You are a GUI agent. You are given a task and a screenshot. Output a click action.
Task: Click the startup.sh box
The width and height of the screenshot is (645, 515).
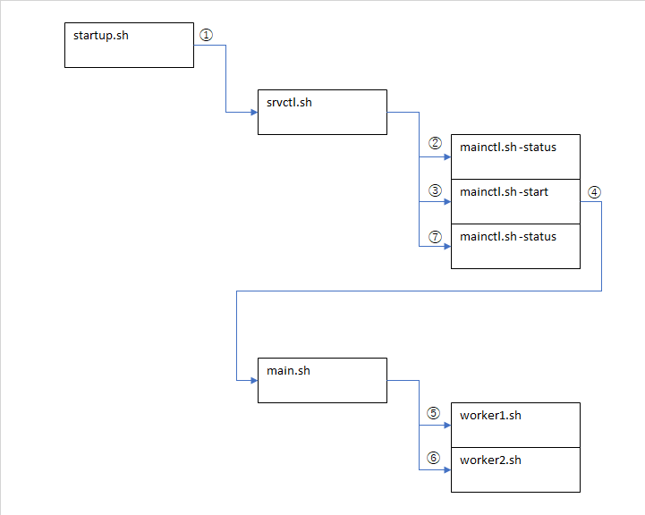click(129, 45)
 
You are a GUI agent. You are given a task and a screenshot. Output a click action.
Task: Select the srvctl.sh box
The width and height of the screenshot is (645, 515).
click(322, 112)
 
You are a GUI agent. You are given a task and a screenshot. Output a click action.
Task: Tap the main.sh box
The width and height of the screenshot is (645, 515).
click(322, 380)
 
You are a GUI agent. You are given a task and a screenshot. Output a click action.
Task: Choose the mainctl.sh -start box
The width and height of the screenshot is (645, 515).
click(515, 201)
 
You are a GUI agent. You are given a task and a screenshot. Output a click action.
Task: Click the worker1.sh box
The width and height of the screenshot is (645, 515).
click(515, 425)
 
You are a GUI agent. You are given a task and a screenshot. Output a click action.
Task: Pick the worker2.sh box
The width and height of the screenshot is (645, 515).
click(515, 469)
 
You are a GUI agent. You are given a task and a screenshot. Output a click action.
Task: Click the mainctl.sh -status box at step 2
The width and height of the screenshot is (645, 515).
click(515, 156)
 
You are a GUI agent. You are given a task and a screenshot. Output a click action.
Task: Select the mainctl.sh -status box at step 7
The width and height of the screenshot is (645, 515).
click(515, 246)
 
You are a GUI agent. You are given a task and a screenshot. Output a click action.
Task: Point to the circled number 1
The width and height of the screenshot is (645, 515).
click(207, 35)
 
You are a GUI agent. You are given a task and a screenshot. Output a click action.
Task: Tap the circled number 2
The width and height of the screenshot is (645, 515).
click(436, 143)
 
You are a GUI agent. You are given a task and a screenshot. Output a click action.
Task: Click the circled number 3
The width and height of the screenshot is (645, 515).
click(436, 190)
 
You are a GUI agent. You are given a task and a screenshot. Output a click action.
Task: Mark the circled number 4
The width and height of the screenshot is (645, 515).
click(595, 191)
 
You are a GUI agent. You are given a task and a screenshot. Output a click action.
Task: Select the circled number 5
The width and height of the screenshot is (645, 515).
click(434, 413)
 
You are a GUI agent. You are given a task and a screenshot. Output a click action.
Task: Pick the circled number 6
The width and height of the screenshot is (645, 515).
click(434, 458)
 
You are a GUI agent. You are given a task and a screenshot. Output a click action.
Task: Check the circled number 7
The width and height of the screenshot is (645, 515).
click(436, 237)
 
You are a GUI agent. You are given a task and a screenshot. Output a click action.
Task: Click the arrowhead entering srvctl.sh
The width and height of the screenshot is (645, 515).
click(253, 112)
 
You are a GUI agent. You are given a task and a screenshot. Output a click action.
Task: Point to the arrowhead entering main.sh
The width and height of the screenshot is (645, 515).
click(253, 380)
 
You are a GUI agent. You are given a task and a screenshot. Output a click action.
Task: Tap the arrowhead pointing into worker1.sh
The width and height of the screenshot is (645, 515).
click(446, 426)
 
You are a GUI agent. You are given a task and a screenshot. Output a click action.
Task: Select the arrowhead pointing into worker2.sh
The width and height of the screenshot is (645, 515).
click(446, 469)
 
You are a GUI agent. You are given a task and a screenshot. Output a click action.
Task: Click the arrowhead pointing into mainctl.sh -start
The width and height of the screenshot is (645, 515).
click(446, 201)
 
